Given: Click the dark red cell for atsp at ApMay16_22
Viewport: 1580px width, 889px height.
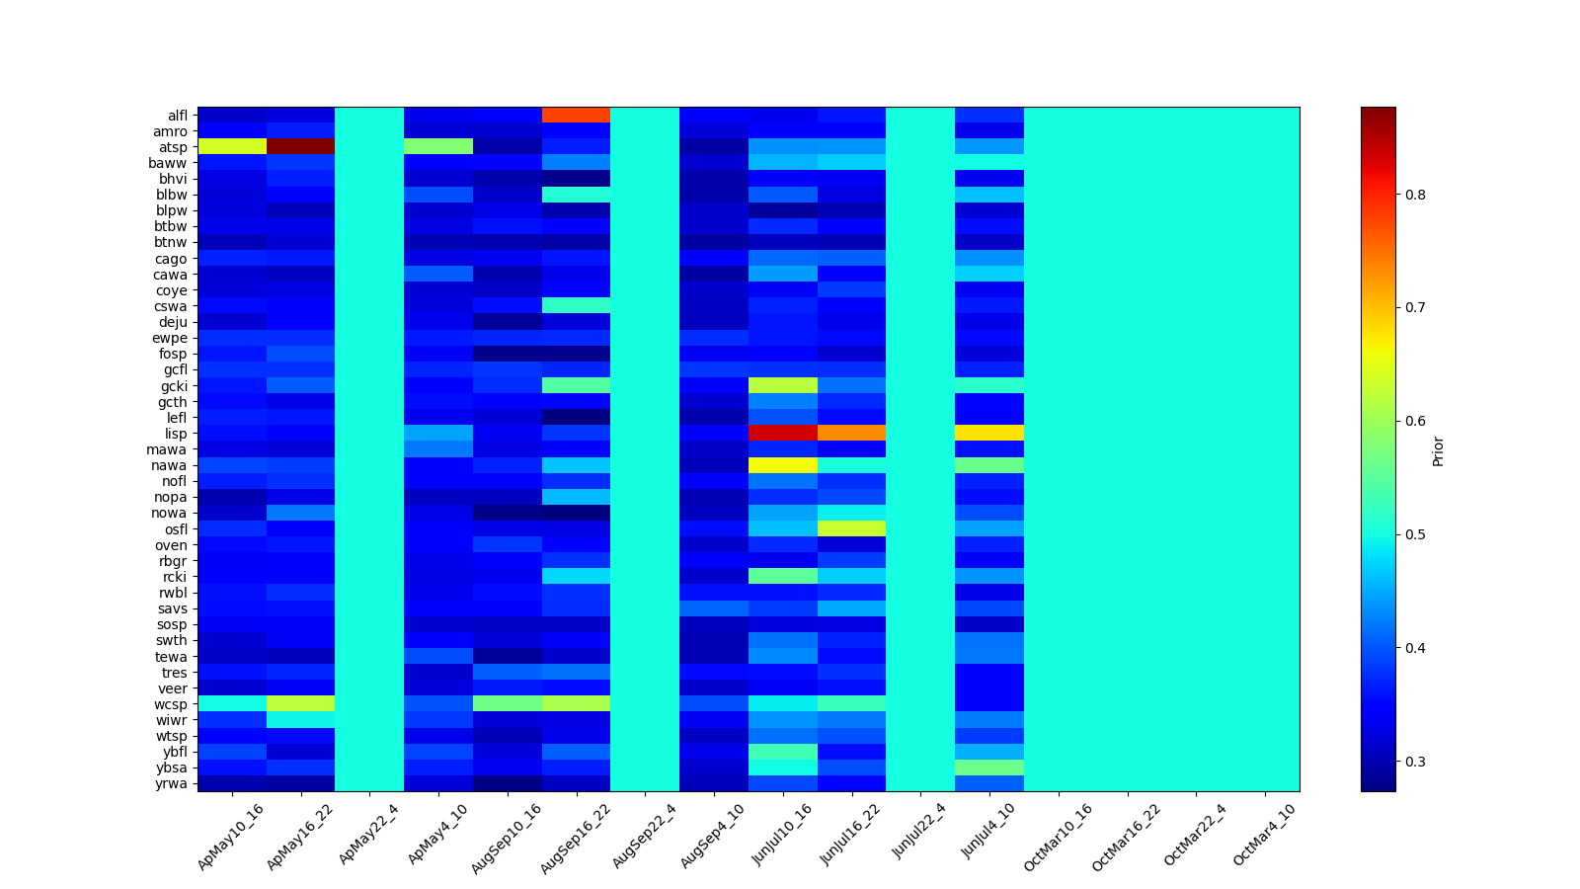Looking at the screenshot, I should [300, 147].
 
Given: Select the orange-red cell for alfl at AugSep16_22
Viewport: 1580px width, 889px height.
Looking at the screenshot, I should [576, 116].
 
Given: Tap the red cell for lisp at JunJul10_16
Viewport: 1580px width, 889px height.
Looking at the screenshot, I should [783, 434].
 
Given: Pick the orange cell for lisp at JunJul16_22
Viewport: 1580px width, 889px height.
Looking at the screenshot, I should [851, 434].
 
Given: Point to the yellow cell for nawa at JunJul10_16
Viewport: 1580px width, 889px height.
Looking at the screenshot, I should [783, 465].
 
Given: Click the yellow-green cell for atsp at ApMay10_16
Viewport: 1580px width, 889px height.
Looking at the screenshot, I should [232, 147].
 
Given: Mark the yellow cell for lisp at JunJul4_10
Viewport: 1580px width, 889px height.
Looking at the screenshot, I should [989, 434].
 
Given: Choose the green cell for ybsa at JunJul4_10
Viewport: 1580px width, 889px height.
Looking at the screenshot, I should [989, 768].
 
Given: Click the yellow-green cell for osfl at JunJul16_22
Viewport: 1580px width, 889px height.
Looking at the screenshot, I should [851, 528].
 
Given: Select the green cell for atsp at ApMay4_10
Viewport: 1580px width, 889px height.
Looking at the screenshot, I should [438, 147].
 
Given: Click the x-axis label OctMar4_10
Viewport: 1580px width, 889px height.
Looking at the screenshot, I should [1264, 835].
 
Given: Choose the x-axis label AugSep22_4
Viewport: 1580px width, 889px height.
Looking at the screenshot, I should [645, 836].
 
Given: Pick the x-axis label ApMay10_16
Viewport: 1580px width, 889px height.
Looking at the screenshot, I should [231, 837].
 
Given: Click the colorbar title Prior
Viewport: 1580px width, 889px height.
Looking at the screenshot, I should [1438, 449].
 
